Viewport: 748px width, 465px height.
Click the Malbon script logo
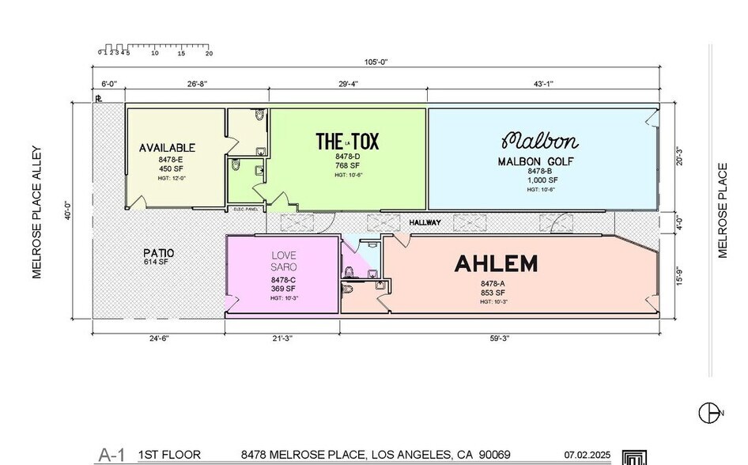pos(540,142)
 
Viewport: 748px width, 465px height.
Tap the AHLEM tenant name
pos(496,264)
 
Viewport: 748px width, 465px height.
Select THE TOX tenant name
pos(347,142)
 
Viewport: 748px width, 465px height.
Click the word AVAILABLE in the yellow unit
pos(167,148)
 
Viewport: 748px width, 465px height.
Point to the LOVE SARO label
pos(283,263)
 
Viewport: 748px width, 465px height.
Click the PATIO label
pos(159,253)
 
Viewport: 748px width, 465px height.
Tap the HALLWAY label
pos(425,223)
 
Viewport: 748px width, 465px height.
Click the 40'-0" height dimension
pos(70,214)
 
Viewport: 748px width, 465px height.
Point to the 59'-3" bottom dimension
pos(498,338)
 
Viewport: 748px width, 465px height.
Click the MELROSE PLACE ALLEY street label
pos(36,212)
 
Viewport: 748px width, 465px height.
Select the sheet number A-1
pos(112,455)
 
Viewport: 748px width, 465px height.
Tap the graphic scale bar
pos(154,49)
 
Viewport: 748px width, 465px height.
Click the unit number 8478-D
pos(347,157)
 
